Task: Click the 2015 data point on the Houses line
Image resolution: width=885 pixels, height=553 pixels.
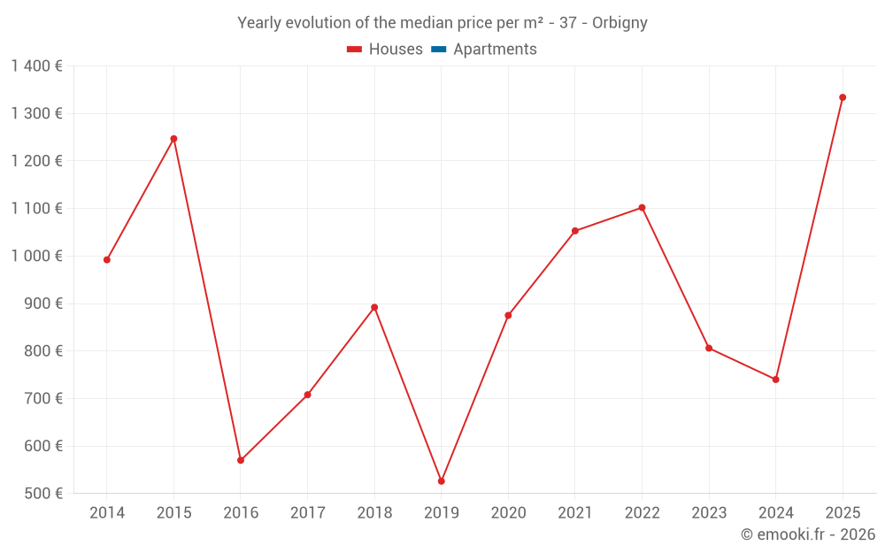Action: (x=173, y=139)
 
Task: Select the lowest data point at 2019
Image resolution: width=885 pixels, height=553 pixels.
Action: (x=442, y=481)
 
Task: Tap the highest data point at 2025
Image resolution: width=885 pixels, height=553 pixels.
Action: (x=843, y=97)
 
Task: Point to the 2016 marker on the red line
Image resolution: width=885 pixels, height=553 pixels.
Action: (x=241, y=460)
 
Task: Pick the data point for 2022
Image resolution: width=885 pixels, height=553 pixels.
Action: (x=642, y=208)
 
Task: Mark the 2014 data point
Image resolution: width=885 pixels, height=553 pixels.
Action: (x=107, y=260)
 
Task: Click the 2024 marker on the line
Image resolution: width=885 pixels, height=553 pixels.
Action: (x=776, y=380)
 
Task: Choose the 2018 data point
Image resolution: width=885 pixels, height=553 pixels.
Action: (x=374, y=307)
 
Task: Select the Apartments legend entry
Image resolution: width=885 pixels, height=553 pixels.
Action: (x=495, y=50)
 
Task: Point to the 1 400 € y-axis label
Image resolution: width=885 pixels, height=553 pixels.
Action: (x=37, y=66)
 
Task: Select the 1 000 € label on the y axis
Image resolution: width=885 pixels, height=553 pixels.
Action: (x=37, y=256)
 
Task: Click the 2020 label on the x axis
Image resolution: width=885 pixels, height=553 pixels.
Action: (x=508, y=513)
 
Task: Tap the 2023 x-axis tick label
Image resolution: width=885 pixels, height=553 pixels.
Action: (x=709, y=513)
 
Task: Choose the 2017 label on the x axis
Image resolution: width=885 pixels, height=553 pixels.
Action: (x=307, y=513)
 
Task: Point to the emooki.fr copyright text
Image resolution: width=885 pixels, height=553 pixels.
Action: (x=808, y=534)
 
